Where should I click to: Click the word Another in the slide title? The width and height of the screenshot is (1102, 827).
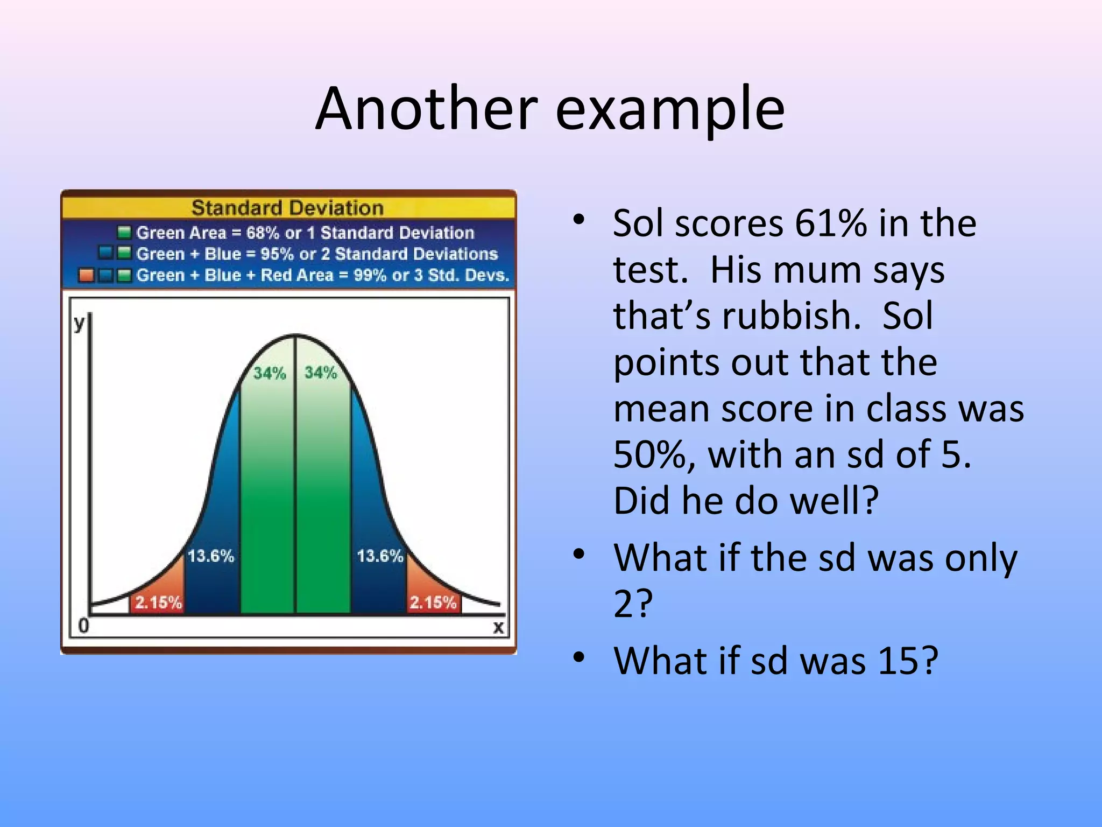click(x=426, y=109)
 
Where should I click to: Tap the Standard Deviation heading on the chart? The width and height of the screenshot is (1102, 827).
click(x=287, y=208)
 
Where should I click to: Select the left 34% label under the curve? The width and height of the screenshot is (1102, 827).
click(x=269, y=373)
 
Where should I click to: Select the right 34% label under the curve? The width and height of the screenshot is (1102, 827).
click(x=321, y=372)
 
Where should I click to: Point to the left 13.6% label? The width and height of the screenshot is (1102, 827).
click(x=210, y=556)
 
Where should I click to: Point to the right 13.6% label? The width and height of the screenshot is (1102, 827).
click(x=380, y=556)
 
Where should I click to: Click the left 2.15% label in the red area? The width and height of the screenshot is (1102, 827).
click(x=158, y=602)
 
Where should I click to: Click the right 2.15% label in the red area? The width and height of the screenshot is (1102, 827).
click(x=433, y=602)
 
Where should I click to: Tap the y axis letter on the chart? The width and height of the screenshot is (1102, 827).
click(x=80, y=323)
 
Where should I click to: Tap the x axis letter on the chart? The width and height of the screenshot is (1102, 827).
click(x=498, y=627)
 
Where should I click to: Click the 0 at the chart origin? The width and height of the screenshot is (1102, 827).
click(x=83, y=626)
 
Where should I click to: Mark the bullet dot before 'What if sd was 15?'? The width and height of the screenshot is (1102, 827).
click(x=578, y=657)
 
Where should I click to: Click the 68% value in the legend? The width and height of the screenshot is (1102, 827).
click(x=263, y=233)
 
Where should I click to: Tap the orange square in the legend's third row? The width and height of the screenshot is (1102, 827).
click(x=86, y=275)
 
